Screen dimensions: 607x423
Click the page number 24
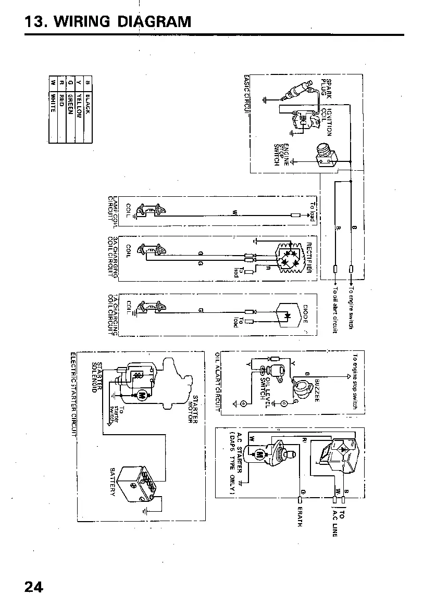point(33,587)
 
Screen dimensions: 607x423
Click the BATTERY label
point(112,481)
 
